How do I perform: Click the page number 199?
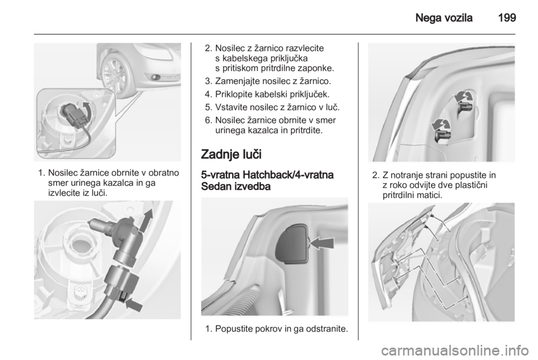coord(507,17)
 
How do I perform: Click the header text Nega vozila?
coord(444,17)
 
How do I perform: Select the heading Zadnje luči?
coord(231,154)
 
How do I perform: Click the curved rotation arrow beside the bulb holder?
coord(88,111)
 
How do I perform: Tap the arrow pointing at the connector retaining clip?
coord(134,304)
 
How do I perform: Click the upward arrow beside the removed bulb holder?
coord(145,220)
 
